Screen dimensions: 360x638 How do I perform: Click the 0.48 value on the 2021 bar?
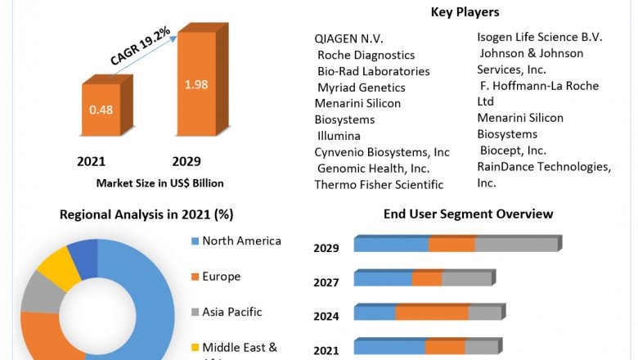(101, 109)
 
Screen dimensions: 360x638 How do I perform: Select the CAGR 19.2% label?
(140, 46)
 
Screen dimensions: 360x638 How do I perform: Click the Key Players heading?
(465, 12)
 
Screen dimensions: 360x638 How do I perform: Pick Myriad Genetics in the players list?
(361, 88)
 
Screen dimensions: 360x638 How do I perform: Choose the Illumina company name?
(339, 136)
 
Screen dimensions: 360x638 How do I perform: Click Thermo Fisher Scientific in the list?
(379, 185)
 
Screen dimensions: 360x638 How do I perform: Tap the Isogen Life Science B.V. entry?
(540, 37)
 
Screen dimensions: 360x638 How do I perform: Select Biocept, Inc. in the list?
(513, 151)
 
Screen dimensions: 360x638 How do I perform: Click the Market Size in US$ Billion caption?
(159, 183)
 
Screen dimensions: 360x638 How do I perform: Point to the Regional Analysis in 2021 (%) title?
(146, 215)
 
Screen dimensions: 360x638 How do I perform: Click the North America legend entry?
(241, 241)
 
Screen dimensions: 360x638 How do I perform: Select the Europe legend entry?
(221, 277)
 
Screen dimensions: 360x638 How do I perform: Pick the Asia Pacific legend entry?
(231, 312)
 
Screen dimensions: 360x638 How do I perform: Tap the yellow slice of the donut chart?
(59, 268)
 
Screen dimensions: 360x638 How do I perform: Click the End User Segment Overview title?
(468, 214)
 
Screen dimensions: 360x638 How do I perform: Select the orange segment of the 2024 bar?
(432, 313)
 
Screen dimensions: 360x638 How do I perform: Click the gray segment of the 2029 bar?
(515, 245)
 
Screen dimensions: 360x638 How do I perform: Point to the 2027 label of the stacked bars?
(326, 282)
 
